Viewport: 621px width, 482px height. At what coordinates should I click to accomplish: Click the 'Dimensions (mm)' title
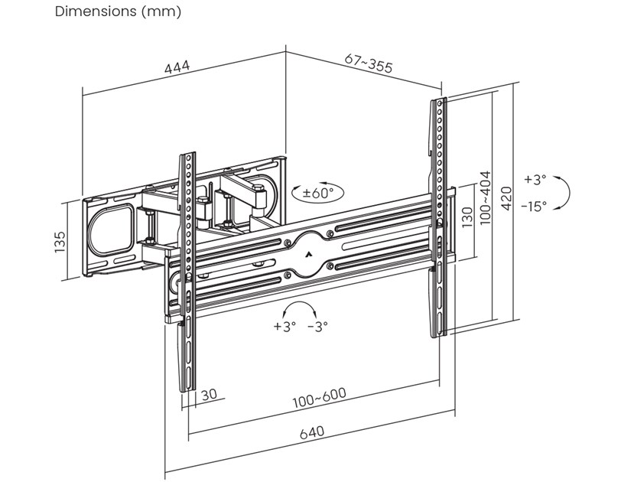point(118,13)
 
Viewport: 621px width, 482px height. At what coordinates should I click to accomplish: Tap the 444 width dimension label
point(177,69)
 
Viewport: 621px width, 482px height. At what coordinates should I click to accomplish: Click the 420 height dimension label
point(506,201)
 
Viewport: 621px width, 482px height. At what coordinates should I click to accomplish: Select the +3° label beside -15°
point(535,180)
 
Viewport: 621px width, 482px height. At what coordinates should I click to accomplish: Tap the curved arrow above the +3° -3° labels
point(299,308)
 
